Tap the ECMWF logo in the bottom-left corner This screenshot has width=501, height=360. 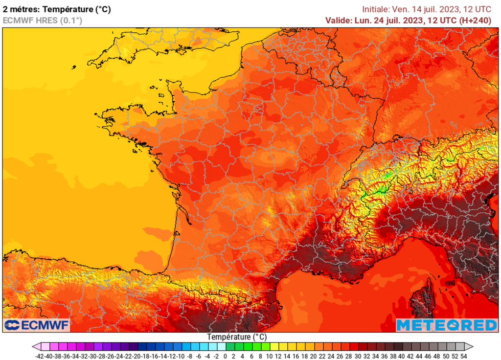pyautogui.click(x=37, y=325)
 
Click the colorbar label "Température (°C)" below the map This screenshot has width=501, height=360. pyautogui.click(x=237, y=337)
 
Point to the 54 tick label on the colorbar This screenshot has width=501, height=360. pyautogui.click(x=463, y=356)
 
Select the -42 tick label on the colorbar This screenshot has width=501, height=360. pyautogui.click(x=40, y=356)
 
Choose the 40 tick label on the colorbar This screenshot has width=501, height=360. pyautogui.click(x=402, y=356)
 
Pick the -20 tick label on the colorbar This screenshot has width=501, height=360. pyautogui.click(x=137, y=356)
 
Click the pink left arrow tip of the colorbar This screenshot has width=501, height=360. pyautogui.click(x=36, y=346)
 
